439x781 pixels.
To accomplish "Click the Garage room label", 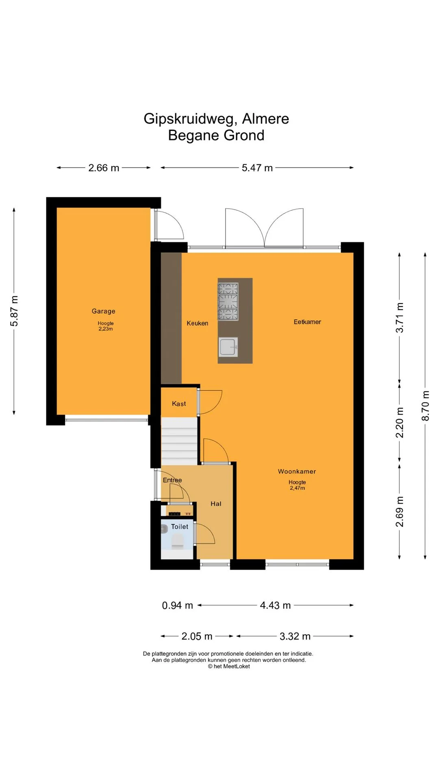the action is (x=103, y=311).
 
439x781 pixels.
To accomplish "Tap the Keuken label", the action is (x=198, y=323).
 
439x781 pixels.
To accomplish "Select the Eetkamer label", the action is (x=307, y=322).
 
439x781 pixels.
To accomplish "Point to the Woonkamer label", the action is (x=297, y=471).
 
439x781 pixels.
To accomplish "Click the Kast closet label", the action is (x=179, y=404).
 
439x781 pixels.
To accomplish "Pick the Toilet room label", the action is (x=180, y=526).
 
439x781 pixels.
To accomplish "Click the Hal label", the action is (x=216, y=504).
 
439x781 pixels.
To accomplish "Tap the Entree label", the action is (x=172, y=480).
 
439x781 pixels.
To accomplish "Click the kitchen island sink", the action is (x=228, y=347).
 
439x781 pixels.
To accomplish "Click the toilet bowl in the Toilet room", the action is (x=178, y=541).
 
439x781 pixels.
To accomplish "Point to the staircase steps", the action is (x=179, y=441).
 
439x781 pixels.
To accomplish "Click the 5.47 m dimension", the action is (x=257, y=168).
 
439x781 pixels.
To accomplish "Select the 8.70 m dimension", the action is (x=425, y=406).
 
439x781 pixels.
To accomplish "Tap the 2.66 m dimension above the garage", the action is (x=104, y=168).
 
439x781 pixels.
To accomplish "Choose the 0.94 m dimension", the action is (x=178, y=605).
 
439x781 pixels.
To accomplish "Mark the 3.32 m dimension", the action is (x=295, y=636).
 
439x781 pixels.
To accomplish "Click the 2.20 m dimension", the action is (x=400, y=423).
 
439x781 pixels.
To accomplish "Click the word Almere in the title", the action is (x=265, y=119).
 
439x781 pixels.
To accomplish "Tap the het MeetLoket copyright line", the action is (x=229, y=666).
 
